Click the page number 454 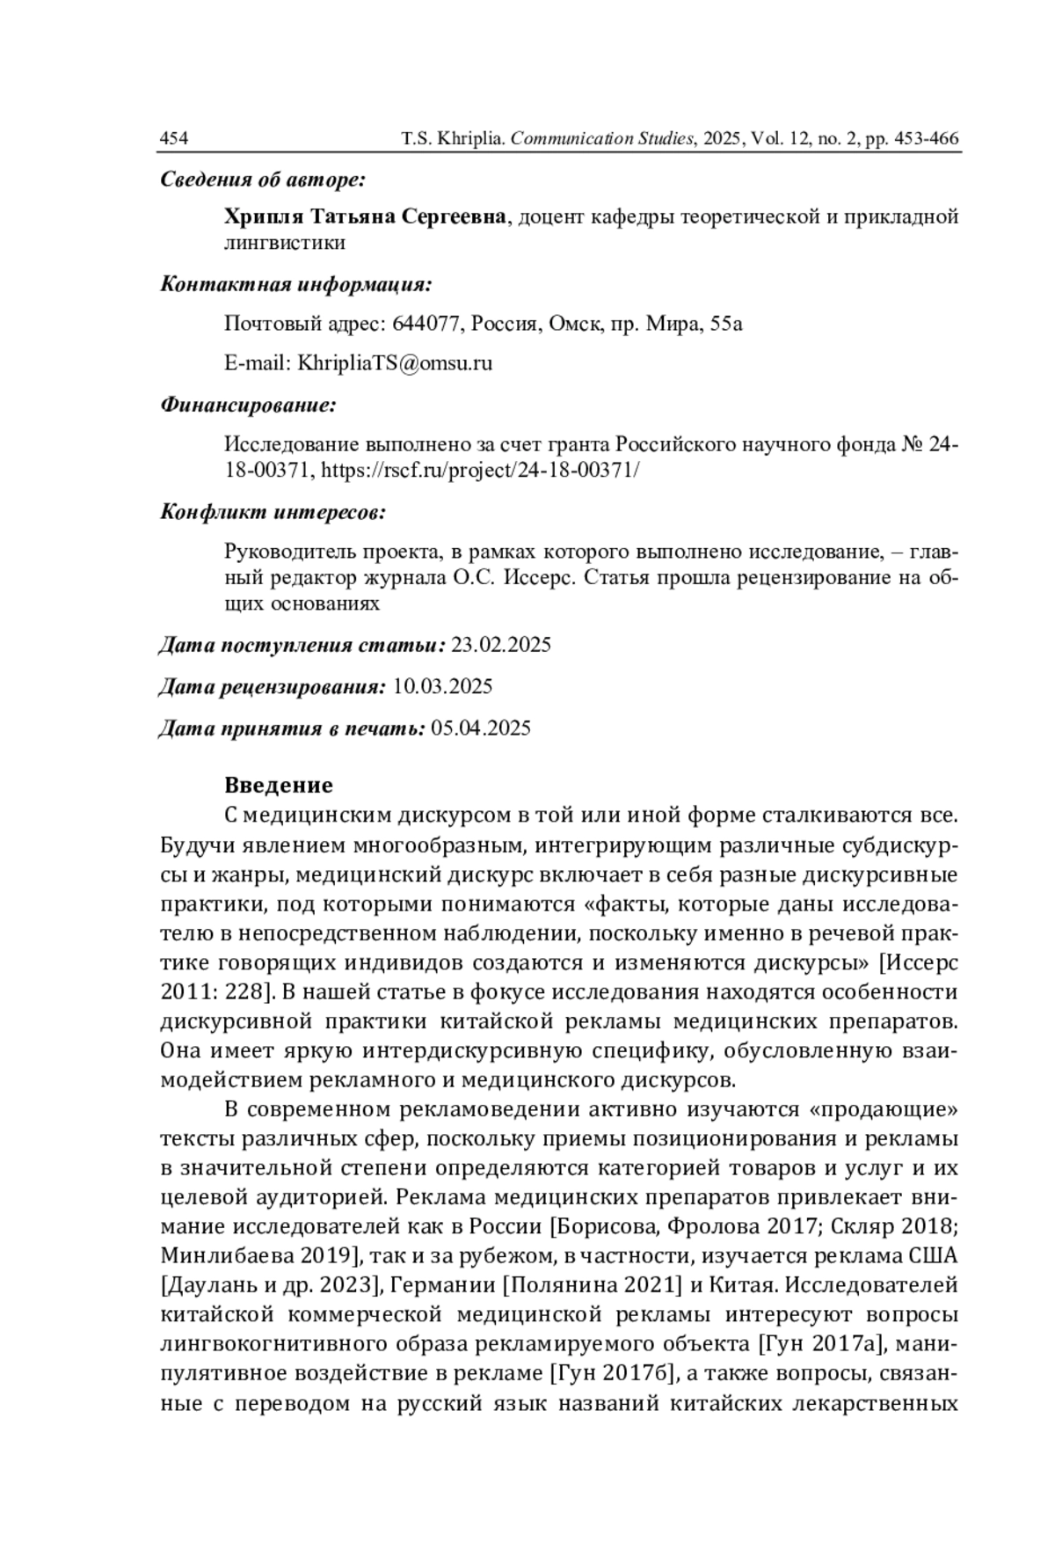[x=173, y=139]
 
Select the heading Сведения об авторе [x=262, y=180]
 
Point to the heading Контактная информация [x=295, y=285]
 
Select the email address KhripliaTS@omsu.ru [x=395, y=362]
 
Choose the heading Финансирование [x=249, y=406]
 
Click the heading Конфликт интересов [x=273, y=512]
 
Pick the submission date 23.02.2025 [x=501, y=645]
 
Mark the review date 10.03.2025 [x=442, y=686]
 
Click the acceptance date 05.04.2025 [x=481, y=728]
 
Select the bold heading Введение [x=279, y=785]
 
